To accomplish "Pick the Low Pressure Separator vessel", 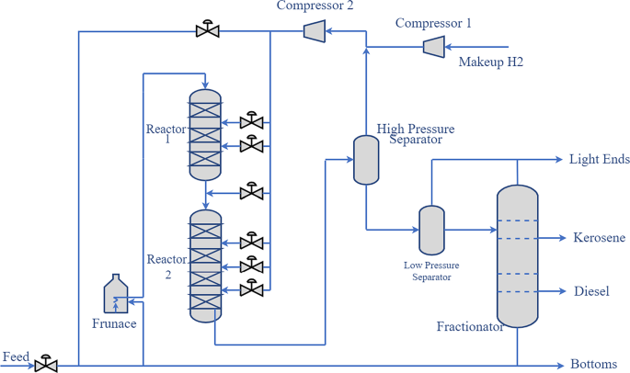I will click(431, 230).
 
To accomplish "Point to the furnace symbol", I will click(117, 295).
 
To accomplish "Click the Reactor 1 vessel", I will click(206, 134).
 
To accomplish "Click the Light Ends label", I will click(599, 159).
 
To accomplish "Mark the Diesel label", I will click(591, 291).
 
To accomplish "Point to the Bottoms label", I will click(594, 363).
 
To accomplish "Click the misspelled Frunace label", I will click(114, 323).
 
